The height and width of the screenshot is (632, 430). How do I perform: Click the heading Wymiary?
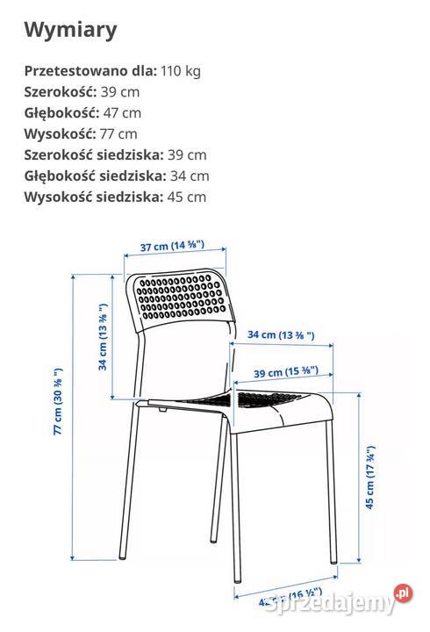tap(70, 31)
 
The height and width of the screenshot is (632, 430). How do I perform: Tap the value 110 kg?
tap(181, 71)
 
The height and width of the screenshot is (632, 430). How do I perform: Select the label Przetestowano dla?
tap(90, 71)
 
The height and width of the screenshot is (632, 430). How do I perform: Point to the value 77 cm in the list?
tap(118, 134)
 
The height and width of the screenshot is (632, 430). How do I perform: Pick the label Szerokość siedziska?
tap(94, 155)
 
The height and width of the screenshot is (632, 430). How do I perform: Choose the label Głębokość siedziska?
tap(95, 176)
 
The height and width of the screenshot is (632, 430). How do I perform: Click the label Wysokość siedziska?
tap(93, 197)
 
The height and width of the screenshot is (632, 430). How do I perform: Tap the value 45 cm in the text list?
tap(186, 197)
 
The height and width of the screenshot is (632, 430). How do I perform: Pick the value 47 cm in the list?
tap(122, 113)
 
